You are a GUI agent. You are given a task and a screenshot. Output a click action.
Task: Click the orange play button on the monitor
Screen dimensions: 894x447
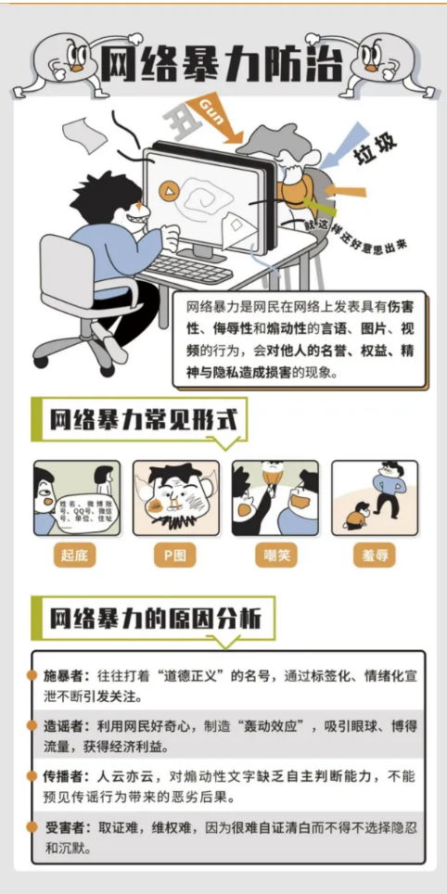pos(169,191)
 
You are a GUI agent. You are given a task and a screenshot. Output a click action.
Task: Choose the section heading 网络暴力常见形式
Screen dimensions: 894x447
pos(142,420)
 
